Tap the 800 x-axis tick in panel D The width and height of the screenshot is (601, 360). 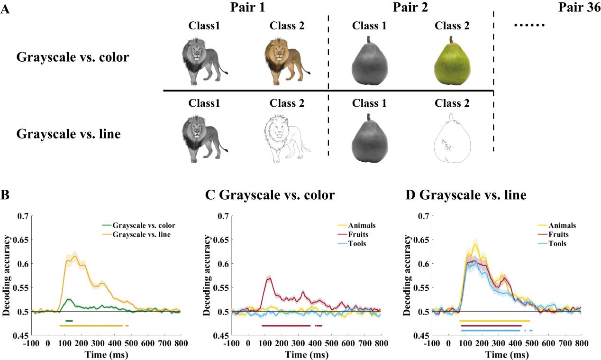tap(581, 343)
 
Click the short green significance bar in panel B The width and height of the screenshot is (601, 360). tap(69, 321)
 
